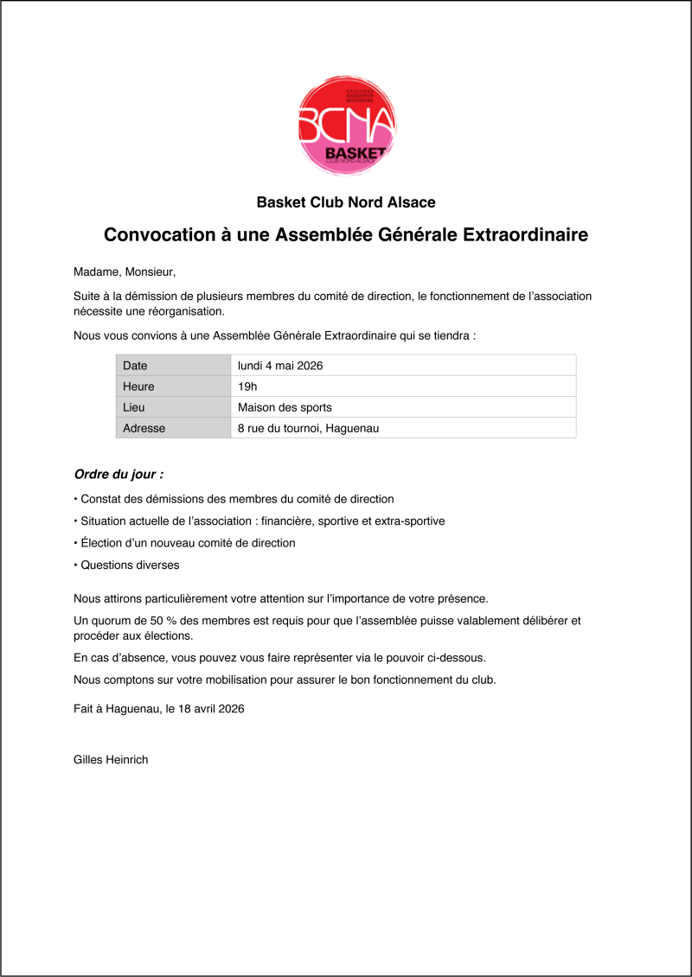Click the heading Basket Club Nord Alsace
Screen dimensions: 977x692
[346, 202]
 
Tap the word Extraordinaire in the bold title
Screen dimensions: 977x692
[523, 235]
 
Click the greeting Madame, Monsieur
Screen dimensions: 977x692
[125, 272]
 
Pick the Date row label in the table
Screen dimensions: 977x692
[136, 366]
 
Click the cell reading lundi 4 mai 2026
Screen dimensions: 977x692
[280, 366]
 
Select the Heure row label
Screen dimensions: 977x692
[138, 386]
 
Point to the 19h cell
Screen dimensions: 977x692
[247, 386]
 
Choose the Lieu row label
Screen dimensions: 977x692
[134, 407]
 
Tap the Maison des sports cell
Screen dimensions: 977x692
[285, 407]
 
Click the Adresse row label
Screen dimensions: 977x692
[144, 428]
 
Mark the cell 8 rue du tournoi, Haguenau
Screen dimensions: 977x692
[308, 428]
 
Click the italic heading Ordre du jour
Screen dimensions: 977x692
[119, 475]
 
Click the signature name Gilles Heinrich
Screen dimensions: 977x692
[111, 760]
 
